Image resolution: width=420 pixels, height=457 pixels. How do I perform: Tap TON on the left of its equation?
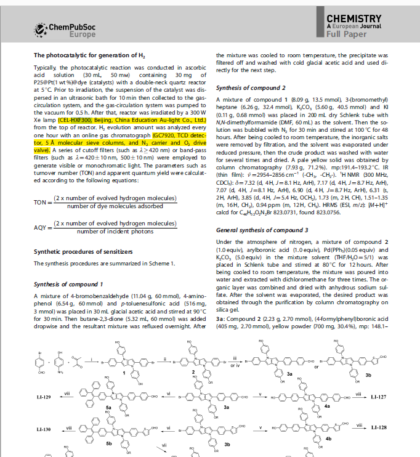tap(41, 201)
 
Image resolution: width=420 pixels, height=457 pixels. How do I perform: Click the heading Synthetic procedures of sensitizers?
tap(83, 252)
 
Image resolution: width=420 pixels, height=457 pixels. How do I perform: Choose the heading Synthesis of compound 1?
tap(68, 284)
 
